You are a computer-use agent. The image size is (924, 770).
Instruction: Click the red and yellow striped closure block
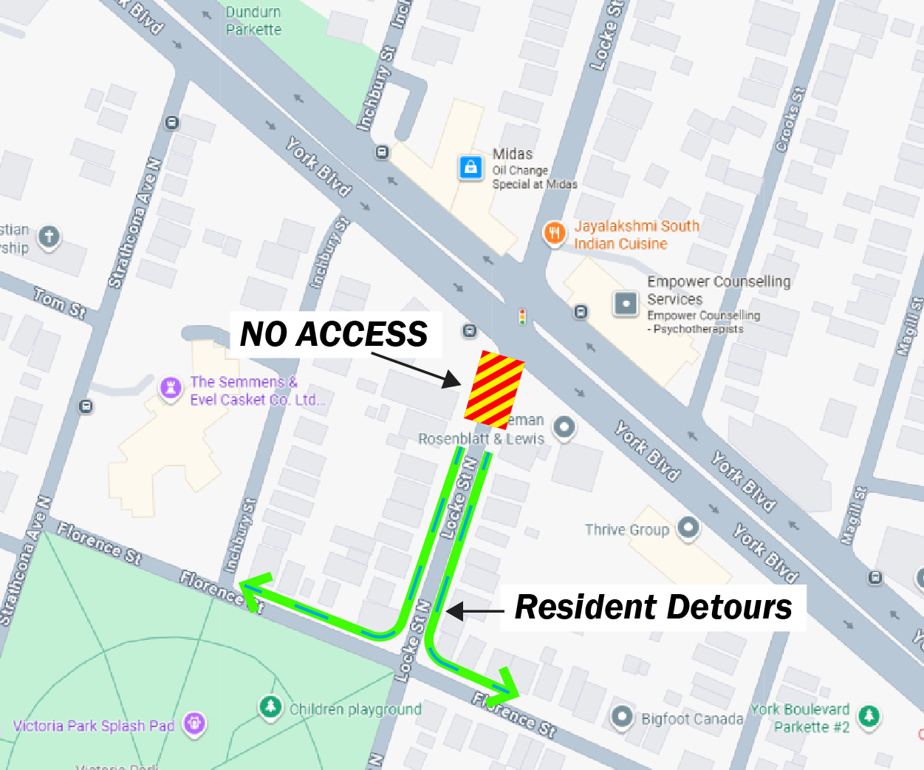(x=494, y=390)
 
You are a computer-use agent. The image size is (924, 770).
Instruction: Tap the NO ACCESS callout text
(x=334, y=335)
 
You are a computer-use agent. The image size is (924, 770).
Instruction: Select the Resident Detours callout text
(x=653, y=607)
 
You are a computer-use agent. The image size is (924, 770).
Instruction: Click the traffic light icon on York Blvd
(x=522, y=317)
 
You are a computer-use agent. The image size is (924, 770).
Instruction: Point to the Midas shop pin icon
(x=470, y=167)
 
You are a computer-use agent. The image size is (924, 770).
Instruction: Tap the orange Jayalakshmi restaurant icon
(x=554, y=234)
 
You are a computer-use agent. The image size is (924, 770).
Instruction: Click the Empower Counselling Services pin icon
(x=626, y=303)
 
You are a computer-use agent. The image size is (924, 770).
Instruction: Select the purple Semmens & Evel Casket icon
(x=171, y=387)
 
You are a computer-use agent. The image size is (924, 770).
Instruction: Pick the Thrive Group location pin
(x=688, y=528)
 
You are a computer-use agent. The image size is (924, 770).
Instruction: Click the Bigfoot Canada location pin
(x=622, y=716)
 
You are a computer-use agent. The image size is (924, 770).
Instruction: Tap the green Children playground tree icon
(x=271, y=706)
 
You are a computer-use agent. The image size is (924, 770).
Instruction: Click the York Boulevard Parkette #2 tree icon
(x=869, y=715)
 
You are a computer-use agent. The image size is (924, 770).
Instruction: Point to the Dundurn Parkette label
(x=253, y=21)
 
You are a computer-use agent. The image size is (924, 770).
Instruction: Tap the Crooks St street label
(x=790, y=120)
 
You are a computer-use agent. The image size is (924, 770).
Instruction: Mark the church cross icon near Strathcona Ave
(x=49, y=237)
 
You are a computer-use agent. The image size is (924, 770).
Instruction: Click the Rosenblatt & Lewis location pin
(x=564, y=427)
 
